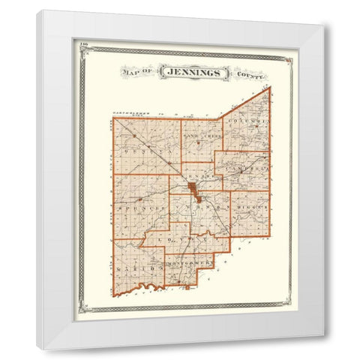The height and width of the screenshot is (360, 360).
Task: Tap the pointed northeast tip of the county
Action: pyautogui.click(x=269, y=87)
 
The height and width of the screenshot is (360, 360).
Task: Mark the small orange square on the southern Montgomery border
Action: pyautogui.click(x=185, y=286)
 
